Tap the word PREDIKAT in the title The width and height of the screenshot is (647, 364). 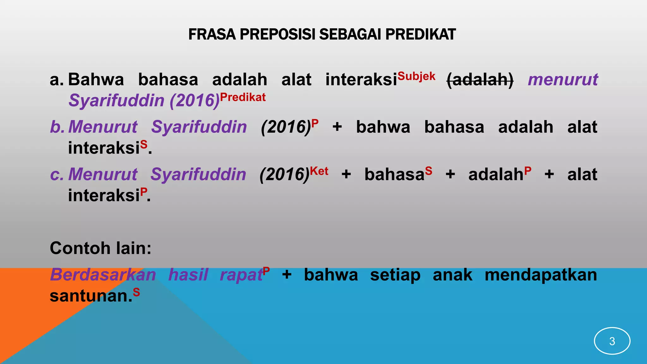pos(420,34)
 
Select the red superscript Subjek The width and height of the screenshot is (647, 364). pos(416,76)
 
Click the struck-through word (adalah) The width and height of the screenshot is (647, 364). pos(480,80)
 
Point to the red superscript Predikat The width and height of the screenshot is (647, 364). pos(243,97)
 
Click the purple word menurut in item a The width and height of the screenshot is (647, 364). pos(563,80)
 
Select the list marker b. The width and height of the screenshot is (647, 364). pos(57,127)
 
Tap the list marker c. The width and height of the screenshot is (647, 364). pos(57,174)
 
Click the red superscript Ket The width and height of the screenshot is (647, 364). pos(319,171)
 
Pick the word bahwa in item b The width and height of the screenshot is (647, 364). pos(383,127)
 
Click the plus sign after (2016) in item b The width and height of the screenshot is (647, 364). pos(337,127)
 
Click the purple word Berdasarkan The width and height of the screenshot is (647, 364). pos(103,275)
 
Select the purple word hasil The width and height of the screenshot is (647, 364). pos(188,275)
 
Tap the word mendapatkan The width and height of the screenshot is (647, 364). pos(541,275)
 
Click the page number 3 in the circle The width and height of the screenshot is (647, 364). pos(612,341)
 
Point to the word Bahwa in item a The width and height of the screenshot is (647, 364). pos(96,80)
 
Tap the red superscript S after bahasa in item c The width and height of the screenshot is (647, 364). pos(428,171)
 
